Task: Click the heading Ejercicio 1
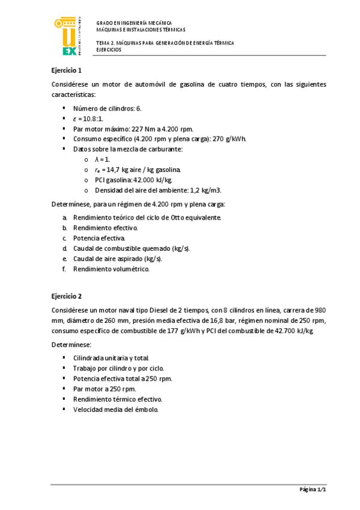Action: coord(67,70)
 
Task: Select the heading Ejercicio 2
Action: coord(67,296)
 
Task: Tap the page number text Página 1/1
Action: coord(313,490)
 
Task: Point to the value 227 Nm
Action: coord(150,129)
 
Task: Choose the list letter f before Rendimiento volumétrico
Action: coord(64,269)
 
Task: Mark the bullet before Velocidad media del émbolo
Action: coord(64,410)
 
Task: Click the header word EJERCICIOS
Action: coord(109,51)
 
